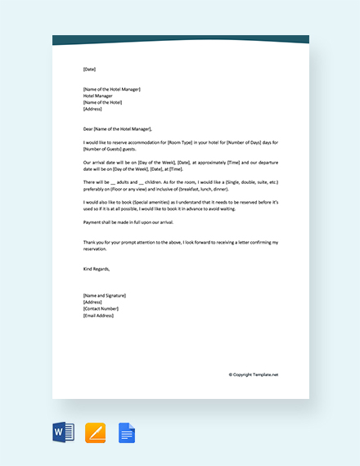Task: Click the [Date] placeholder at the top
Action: [89, 69]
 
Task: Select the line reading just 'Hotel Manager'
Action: [98, 96]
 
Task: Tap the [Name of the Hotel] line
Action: [102, 102]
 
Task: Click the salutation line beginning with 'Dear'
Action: [117, 128]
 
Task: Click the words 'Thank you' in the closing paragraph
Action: [92, 242]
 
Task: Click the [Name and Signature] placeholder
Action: [105, 295]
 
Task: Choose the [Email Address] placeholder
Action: [99, 315]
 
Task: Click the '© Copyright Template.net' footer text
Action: [254, 374]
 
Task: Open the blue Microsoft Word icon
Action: [63, 432]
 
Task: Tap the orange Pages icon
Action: [96, 432]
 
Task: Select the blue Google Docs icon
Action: [127, 432]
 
